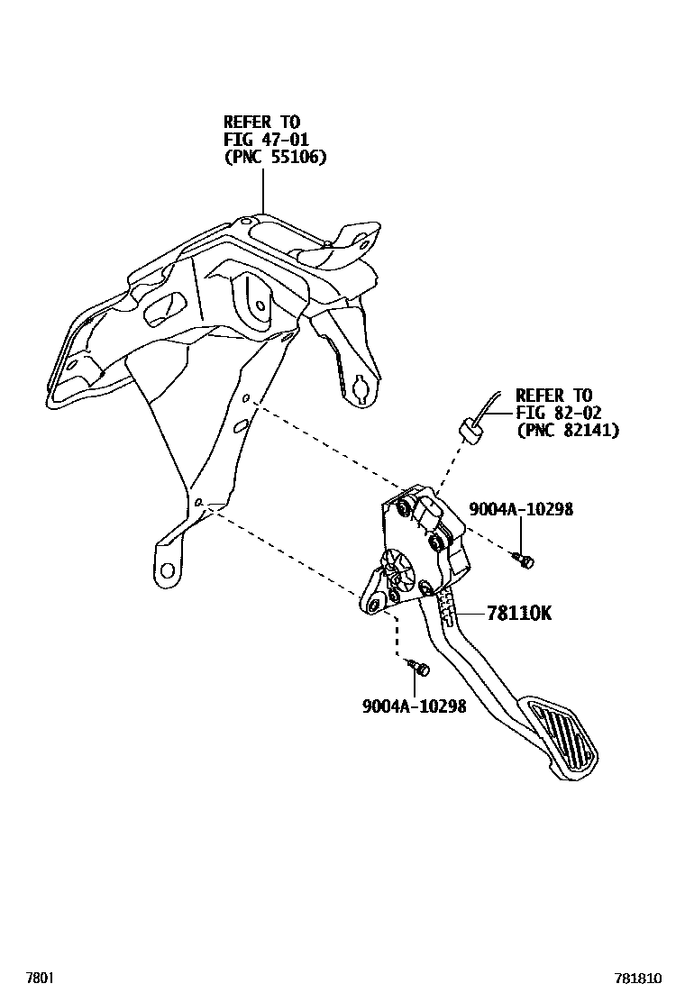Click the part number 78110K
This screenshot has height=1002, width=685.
pos(519,614)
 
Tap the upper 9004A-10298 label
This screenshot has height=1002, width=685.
pos(520,509)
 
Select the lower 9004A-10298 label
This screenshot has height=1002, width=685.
pos(414,707)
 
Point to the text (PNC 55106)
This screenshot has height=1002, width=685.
pos(275,157)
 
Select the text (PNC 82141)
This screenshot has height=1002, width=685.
pos(567,431)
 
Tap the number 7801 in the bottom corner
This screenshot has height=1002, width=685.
pos(39,977)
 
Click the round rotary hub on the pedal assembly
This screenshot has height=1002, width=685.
pos(397,567)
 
